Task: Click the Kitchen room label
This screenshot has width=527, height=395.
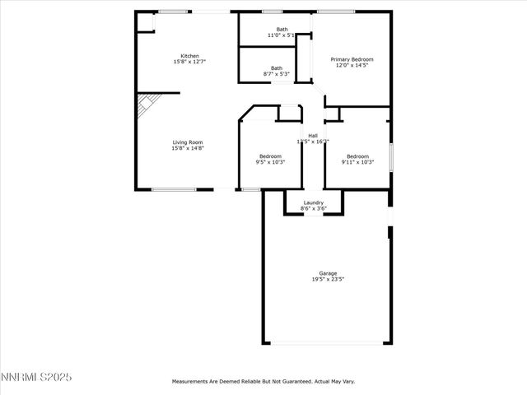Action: tap(189, 56)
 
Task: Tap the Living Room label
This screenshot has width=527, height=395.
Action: tap(187, 142)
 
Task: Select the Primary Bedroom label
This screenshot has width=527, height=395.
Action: tap(352, 59)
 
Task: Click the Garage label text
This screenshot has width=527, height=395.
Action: tap(328, 273)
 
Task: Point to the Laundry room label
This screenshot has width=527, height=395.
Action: tap(313, 202)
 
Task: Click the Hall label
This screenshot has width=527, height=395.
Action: tap(313, 136)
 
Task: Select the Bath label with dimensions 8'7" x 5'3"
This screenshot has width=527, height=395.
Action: tap(277, 68)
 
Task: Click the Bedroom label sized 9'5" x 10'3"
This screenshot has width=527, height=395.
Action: tap(270, 156)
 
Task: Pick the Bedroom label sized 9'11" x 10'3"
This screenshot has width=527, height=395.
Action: tap(357, 156)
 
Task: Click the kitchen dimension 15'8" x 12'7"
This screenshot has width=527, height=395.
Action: tap(189, 63)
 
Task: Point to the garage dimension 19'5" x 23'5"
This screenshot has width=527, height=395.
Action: tap(328, 280)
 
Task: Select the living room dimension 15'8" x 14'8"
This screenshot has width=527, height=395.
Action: tap(187, 149)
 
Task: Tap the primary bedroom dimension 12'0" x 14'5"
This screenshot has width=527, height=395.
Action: tap(352, 66)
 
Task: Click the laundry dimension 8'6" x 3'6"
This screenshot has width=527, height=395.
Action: tap(313, 209)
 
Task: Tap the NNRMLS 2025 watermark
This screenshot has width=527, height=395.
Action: tap(36, 377)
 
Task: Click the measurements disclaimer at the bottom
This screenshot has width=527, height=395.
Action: tap(263, 382)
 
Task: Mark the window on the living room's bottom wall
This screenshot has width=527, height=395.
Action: tap(174, 190)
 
